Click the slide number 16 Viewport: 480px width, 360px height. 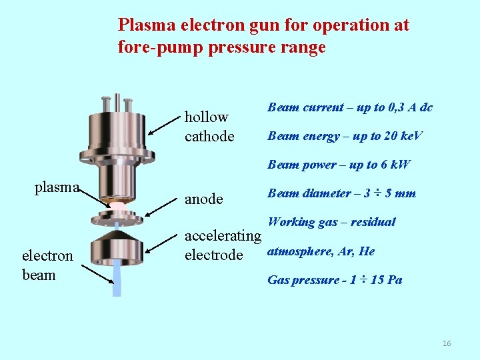click(447, 343)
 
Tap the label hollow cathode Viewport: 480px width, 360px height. click(209, 127)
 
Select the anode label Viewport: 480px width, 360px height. click(203, 199)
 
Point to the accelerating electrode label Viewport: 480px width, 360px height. click(223, 245)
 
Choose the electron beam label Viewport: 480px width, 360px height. click(47, 265)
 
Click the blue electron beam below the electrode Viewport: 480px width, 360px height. click(117, 280)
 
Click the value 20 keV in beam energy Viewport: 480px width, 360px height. click(396, 136)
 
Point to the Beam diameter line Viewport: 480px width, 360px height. click(341, 193)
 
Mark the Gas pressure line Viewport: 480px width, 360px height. click(335, 280)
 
